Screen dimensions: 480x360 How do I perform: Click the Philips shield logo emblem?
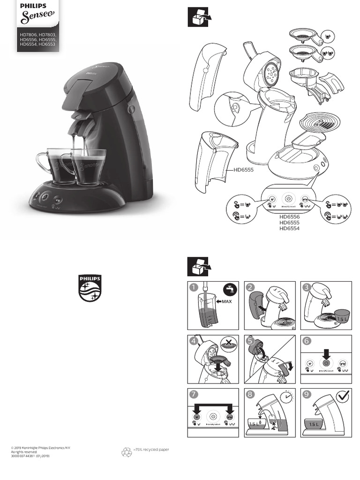tap(89, 288)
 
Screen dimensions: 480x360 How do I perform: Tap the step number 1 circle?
tap(192, 287)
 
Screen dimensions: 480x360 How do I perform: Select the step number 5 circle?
tap(250, 341)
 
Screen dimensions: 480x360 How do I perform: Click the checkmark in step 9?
tap(343, 397)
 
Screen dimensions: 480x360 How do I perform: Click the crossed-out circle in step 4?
tap(228, 345)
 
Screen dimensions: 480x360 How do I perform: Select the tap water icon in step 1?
tap(230, 289)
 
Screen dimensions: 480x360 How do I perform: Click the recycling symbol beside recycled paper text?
tap(127, 452)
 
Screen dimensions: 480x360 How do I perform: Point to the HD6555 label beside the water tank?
tap(243, 170)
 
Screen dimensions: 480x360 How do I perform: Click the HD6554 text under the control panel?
tap(289, 228)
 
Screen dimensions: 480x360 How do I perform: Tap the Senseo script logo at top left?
tap(38, 19)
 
